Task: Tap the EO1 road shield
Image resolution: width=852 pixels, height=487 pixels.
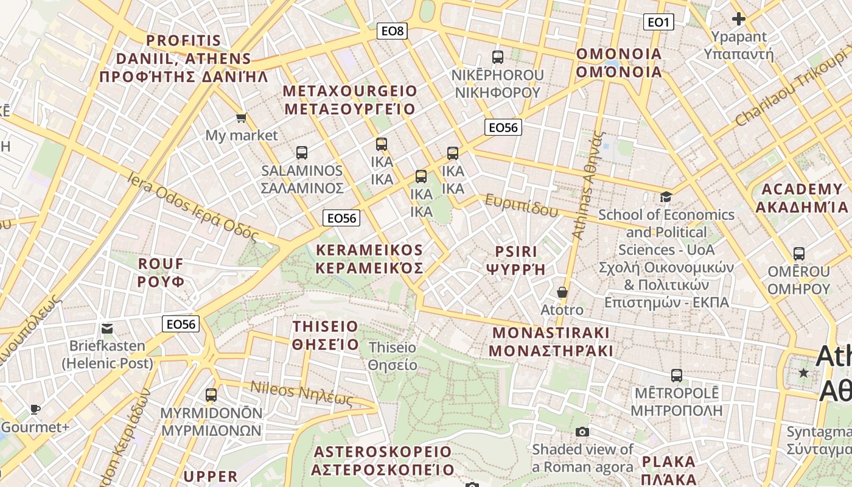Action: pyautogui.click(x=658, y=23)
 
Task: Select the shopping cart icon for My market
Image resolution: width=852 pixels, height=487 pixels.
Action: pyautogui.click(x=242, y=117)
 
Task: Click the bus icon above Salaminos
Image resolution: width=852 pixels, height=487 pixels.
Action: pyautogui.click(x=301, y=153)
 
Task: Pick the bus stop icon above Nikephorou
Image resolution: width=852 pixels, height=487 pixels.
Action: pyautogui.click(x=498, y=57)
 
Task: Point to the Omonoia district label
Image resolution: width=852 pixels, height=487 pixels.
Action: pyautogui.click(x=619, y=63)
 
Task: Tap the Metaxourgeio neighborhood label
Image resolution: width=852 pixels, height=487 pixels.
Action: pyautogui.click(x=350, y=100)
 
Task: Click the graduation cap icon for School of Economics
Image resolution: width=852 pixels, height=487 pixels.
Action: pyautogui.click(x=666, y=197)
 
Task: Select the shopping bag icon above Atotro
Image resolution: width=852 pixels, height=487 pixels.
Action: pyautogui.click(x=562, y=292)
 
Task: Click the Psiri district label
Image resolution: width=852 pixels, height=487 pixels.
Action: pyautogui.click(x=516, y=261)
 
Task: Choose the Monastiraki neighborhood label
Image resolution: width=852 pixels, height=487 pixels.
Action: pyautogui.click(x=551, y=342)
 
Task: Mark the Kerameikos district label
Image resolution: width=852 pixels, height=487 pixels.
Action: pyautogui.click(x=369, y=259)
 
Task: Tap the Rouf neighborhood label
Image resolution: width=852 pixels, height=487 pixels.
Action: pyautogui.click(x=161, y=273)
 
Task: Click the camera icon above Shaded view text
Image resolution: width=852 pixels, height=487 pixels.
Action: pyautogui.click(x=582, y=432)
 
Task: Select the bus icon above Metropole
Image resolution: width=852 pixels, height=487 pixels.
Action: pyautogui.click(x=676, y=375)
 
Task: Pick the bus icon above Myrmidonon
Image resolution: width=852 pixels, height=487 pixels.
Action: pyautogui.click(x=211, y=394)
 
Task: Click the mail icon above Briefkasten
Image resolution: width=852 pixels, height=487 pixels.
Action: pyautogui.click(x=107, y=329)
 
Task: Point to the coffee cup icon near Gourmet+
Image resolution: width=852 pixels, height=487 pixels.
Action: pyautogui.click(x=35, y=409)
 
